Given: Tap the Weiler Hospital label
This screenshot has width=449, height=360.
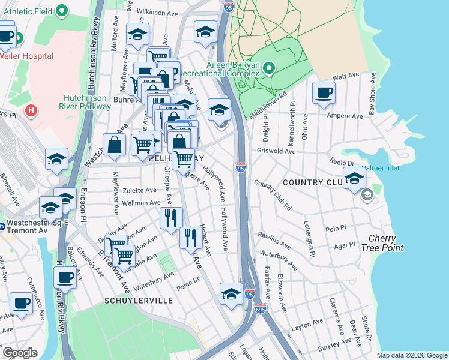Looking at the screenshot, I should (x=27, y=56).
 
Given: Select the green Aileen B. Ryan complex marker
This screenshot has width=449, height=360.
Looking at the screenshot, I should (x=268, y=68).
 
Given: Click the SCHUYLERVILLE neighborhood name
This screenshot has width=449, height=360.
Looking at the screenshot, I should (x=139, y=300).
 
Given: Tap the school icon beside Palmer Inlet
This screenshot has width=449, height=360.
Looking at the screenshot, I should (x=355, y=178).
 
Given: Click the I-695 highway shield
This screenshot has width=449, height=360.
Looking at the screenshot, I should (x=260, y=308).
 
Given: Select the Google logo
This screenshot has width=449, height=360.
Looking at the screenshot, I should (x=20, y=353).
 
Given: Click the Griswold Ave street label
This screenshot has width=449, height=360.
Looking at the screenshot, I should (x=276, y=152).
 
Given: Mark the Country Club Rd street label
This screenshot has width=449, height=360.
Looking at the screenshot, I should (x=272, y=194).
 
